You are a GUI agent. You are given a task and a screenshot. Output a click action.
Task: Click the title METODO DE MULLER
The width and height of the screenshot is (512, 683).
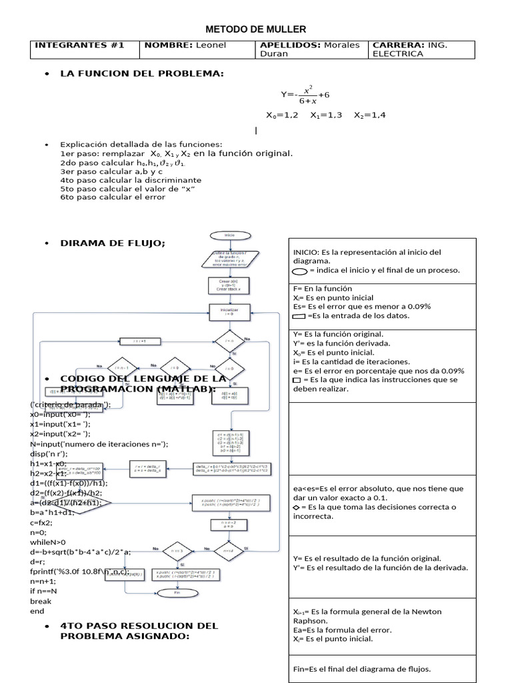(256, 29)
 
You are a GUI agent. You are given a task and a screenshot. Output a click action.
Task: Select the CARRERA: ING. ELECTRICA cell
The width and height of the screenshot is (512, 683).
(422, 49)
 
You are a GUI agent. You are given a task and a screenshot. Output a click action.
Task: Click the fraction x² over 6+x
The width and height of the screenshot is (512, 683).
(307, 95)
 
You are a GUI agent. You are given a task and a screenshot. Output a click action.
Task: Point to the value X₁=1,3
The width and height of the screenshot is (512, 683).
(326, 115)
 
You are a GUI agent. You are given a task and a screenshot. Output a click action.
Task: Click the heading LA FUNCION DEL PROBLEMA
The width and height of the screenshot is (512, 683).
(142, 73)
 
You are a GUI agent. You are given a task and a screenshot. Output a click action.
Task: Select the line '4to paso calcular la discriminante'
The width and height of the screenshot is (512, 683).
(131, 179)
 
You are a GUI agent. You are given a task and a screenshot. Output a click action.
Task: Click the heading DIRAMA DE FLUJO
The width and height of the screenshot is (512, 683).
(113, 243)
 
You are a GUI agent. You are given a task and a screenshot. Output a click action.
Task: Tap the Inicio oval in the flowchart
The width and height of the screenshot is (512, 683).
(229, 235)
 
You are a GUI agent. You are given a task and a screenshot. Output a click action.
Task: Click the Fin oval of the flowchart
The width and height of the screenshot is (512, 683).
(177, 592)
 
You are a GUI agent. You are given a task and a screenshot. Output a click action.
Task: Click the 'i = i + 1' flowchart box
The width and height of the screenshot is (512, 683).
(139, 341)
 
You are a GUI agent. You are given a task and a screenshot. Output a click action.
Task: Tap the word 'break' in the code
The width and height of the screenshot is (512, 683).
(41, 600)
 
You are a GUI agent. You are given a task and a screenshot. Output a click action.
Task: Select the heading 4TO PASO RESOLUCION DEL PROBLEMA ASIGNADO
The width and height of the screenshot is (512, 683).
(139, 630)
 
